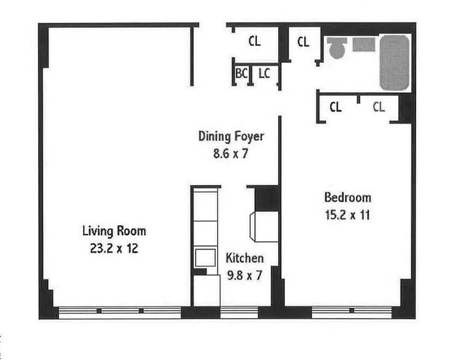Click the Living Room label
(x=114, y=231)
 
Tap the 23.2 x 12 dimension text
(x=114, y=248)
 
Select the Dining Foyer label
(x=231, y=136)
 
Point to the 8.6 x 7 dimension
(x=231, y=153)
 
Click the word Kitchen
(x=245, y=258)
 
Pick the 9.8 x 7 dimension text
(x=244, y=275)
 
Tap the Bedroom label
(x=348, y=198)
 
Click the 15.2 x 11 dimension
(x=348, y=215)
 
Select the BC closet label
(x=242, y=74)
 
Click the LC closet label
(x=264, y=73)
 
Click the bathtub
(x=394, y=63)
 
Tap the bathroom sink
(x=363, y=45)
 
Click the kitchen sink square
(x=205, y=258)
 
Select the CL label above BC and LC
(x=254, y=41)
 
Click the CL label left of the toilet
(x=303, y=42)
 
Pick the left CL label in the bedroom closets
(x=335, y=107)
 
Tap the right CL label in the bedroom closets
(x=378, y=107)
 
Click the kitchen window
(x=239, y=312)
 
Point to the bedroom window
(x=352, y=312)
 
